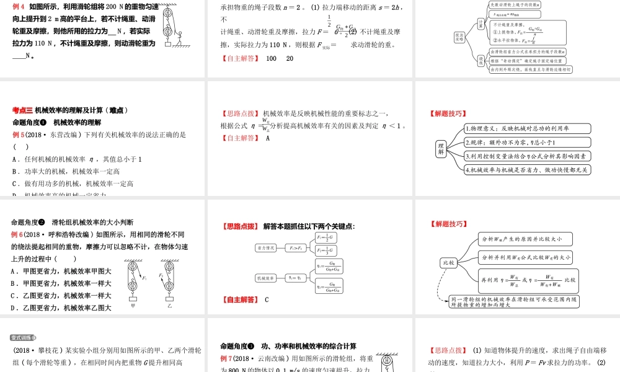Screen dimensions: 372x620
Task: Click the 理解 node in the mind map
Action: pyautogui.click(x=441, y=149)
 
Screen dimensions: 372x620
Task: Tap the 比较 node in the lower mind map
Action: pyautogui.click(x=448, y=263)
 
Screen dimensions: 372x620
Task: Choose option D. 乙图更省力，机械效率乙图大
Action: pyautogui.click(x=61, y=308)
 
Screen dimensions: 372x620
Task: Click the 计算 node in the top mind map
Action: pyautogui.click(x=480, y=23)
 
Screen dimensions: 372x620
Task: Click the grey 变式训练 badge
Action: pyautogui.click(x=24, y=338)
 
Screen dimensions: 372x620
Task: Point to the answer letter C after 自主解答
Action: pyautogui.click(x=267, y=300)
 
